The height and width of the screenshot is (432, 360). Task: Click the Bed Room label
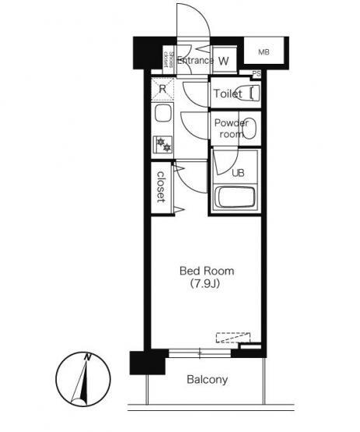[x=207, y=271]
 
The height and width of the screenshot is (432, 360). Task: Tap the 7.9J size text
[x=205, y=284]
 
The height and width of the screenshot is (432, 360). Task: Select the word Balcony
[x=208, y=380]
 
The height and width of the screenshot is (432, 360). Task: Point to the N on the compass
[x=88, y=357]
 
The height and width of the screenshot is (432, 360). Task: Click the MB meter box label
[x=264, y=52]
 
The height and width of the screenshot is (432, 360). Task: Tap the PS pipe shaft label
[x=257, y=74]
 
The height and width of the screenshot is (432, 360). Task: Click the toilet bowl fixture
[x=254, y=93]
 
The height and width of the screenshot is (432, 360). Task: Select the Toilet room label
[x=228, y=93]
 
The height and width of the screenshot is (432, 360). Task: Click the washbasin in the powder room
[x=250, y=129]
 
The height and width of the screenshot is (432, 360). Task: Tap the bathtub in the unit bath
[x=235, y=197]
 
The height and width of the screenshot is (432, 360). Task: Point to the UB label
[x=238, y=173]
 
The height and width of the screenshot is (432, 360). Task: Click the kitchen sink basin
[x=163, y=114]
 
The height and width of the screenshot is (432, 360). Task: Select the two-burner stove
[x=163, y=144]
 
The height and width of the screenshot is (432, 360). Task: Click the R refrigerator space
[x=163, y=89]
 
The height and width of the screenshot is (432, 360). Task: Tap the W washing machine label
[x=223, y=61]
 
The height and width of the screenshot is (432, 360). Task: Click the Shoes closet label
[x=169, y=60]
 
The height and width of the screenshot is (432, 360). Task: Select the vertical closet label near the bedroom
[x=161, y=187]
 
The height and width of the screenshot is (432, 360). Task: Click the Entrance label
[x=195, y=61]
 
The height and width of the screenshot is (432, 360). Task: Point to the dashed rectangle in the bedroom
[x=232, y=338]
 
